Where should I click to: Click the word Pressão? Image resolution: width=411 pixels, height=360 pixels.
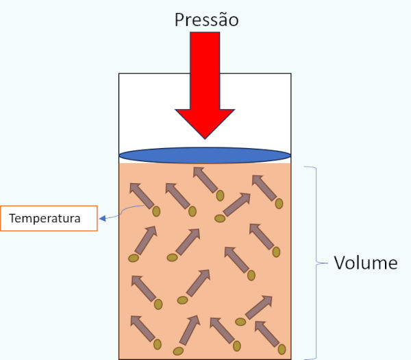click(x=206, y=19)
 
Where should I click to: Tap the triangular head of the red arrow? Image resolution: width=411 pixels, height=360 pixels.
click(x=205, y=122)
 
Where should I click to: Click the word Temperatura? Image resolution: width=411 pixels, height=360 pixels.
click(x=45, y=219)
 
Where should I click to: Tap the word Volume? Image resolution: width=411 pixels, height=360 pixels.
click(x=365, y=263)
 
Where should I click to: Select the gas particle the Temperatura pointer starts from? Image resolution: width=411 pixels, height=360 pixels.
click(x=156, y=211)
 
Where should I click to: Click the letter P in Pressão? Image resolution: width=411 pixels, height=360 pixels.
click(x=179, y=19)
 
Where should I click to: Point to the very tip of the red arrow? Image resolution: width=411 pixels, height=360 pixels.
click(x=205, y=137)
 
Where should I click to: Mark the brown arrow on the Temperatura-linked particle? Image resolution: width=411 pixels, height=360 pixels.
click(x=142, y=195)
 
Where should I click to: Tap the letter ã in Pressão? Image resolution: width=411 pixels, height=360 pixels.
click(x=221, y=19)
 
